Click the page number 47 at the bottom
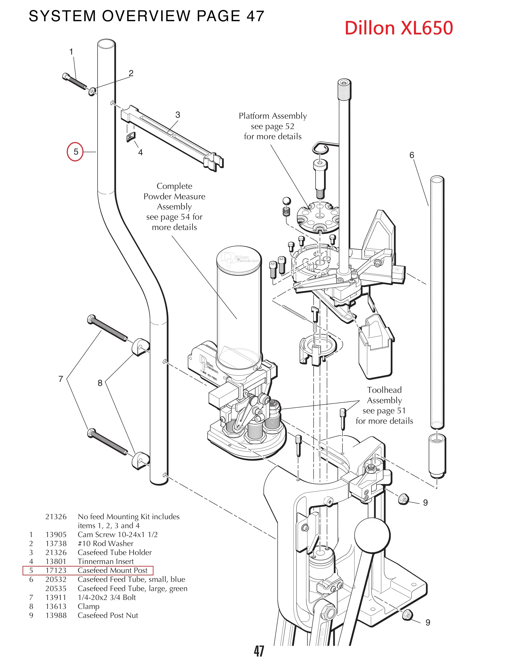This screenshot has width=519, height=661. tap(259, 651)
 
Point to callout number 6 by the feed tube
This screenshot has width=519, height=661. tap(412, 155)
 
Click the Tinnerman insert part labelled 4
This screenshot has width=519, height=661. tap(131, 137)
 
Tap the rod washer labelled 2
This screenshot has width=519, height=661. tap(92, 91)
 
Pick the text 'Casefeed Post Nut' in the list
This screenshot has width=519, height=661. tap(108, 615)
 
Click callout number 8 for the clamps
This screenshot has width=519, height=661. tap(100, 383)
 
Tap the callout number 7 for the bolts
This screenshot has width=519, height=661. tap(61, 379)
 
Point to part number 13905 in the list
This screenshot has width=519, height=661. tap(56, 535)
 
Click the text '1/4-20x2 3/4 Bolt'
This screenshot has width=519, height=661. tap(107, 598)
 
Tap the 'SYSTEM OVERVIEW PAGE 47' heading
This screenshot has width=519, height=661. tap(147, 16)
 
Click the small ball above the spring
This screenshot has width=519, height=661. tap(287, 201)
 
